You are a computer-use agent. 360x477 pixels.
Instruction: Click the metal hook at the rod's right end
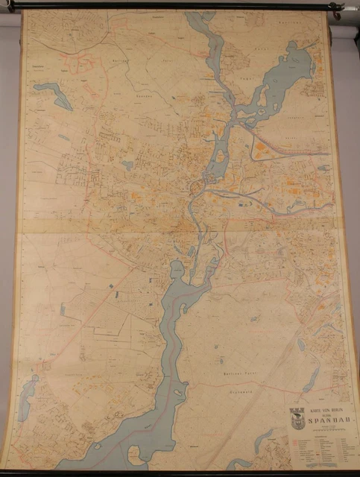coord(336,10)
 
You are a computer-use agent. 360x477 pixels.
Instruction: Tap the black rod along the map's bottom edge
coord(179,471)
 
